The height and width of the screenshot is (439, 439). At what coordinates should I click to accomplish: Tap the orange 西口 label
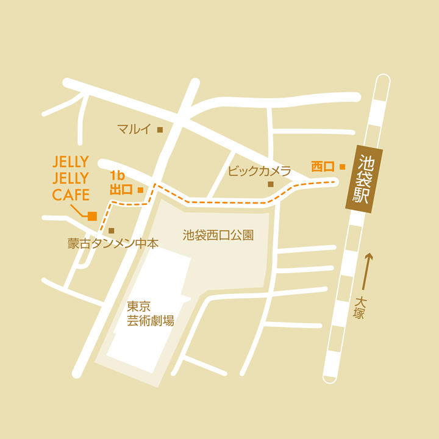point(323,166)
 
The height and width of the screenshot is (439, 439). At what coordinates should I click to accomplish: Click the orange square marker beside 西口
point(343,166)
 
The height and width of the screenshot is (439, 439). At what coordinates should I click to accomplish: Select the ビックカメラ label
point(251,171)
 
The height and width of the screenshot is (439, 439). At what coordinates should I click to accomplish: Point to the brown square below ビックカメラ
point(271,184)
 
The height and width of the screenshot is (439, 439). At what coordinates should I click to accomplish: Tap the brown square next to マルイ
point(160,129)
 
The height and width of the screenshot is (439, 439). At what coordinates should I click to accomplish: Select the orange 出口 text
point(121,190)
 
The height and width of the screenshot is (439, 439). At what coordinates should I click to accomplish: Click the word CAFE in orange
point(71,195)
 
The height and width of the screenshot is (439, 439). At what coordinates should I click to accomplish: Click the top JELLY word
point(71,162)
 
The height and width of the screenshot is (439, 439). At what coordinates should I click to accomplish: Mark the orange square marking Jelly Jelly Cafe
point(92,215)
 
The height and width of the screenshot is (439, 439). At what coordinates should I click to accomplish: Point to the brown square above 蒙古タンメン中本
point(112,230)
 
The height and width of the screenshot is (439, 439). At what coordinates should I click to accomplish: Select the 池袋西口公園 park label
point(218,235)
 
